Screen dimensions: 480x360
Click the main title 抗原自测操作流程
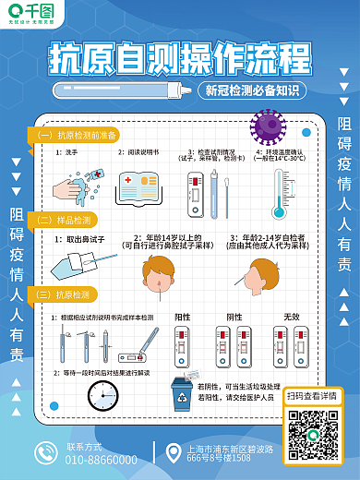179,55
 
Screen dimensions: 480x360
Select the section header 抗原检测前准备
79,136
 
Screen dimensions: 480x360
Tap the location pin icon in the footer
171,452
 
